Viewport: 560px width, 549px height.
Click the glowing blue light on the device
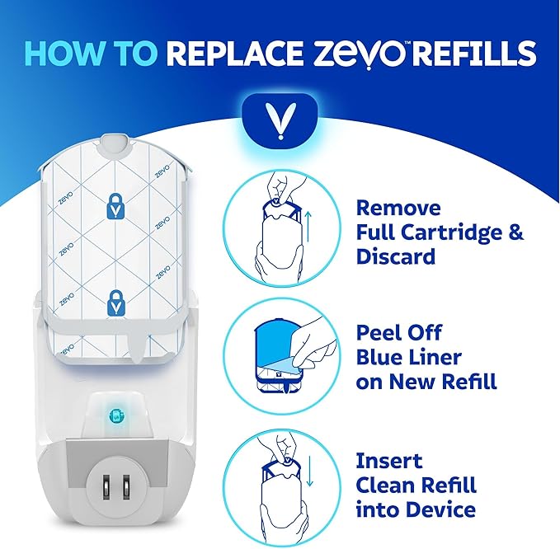(114, 415)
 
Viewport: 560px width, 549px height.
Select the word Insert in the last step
(389, 459)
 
